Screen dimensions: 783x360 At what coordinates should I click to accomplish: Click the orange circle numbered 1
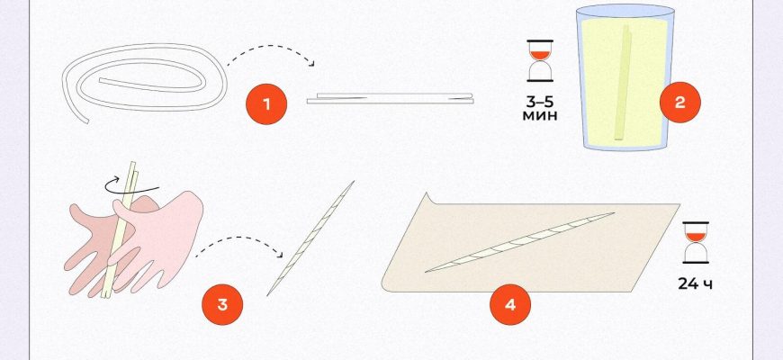pyautogui.click(x=266, y=104)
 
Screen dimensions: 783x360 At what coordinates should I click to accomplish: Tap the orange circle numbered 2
pyautogui.click(x=680, y=103)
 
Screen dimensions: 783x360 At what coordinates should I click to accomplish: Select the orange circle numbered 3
pyautogui.click(x=222, y=304)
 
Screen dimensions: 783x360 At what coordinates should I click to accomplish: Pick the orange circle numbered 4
pyautogui.click(x=509, y=304)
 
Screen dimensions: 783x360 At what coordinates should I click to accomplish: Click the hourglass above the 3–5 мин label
pyautogui.click(x=540, y=60)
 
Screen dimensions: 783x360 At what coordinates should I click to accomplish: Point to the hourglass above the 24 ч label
pyautogui.click(x=696, y=242)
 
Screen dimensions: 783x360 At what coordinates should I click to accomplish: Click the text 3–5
pyautogui.click(x=540, y=102)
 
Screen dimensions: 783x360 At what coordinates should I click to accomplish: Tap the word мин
pyautogui.click(x=540, y=116)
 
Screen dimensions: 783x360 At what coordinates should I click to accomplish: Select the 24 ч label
pyautogui.click(x=695, y=284)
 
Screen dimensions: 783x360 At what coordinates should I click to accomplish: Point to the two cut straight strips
pyautogui.click(x=390, y=98)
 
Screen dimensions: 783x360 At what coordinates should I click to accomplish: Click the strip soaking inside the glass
pyautogui.click(x=623, y=83)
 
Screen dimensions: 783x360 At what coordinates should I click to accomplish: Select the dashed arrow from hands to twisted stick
pyautogui.click(x=239, y=238)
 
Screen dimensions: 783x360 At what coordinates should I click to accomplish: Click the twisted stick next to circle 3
pyautogui.click(x=310, y=238)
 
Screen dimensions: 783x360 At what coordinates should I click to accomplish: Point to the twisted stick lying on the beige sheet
pyautogui.click(x=519, y=242)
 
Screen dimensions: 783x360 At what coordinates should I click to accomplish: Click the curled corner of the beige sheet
pyautogui.click(x=428, y=199)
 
